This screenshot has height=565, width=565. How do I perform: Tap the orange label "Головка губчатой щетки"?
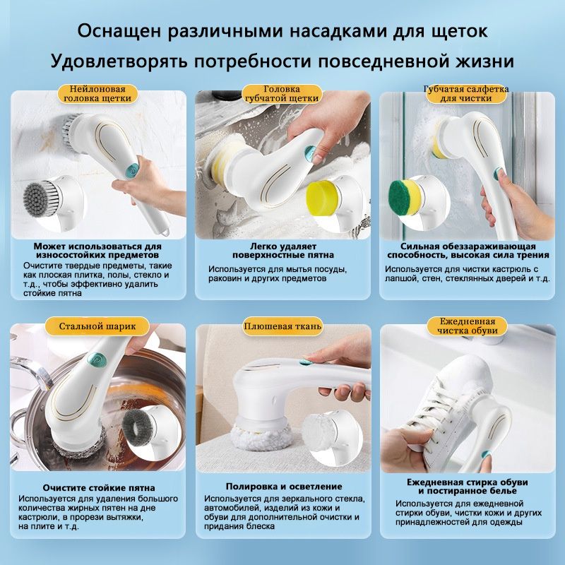pyautogui.click(x=281, y=95)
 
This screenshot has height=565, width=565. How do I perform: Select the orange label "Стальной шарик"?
pyautogui.click(x=97, y=326)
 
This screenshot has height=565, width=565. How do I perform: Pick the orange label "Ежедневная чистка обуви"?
pyautogui.click(x=467, y=326)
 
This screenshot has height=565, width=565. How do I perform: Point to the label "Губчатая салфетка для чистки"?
pyautogui.click(x=465, y=95)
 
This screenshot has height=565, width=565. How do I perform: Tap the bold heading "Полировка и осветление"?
pyautogui.click(x=284, y=487)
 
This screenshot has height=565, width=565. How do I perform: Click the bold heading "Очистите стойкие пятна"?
pyautogui.click(x=98, y=488)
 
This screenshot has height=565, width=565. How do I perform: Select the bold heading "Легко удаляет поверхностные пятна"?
pyautogui.click(x=282, y=249)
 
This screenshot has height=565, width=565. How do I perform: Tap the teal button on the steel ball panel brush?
pyautogui.click(x=93, y=359)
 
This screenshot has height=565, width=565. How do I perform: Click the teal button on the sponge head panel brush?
pyautogui.click(x=309, y=152)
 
